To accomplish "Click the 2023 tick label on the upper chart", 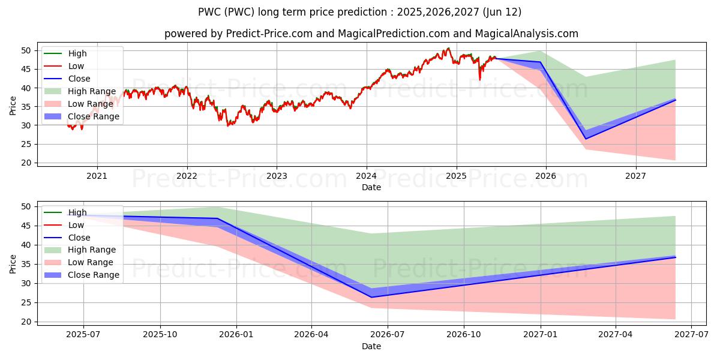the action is (x=277, y=176).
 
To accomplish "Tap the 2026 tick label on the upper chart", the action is (x=545, y=176).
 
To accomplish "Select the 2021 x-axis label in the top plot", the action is (x=97, y=176).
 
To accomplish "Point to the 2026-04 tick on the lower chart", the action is (x=311, y=335).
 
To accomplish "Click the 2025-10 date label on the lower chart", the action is (x=160, y=335).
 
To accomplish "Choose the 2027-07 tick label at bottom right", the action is (x=691, y=335).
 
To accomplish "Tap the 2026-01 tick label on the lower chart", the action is (x=236, y=335).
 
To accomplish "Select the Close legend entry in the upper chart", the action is (x=67, y=79).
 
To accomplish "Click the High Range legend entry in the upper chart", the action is (x=80, y=91).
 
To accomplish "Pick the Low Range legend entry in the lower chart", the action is (x=79, y=263).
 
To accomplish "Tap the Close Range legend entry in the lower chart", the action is (x=82, y=275).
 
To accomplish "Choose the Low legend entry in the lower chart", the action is (x=64, y=225).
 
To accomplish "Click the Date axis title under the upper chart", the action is (x=371, y=187).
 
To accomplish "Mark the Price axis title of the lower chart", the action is (x=13, y=264).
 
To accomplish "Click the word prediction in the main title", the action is (x=366, y=12).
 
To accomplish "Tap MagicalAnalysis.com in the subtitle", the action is (x=527, y=34).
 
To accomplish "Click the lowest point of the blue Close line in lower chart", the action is (x=371, y=298).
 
